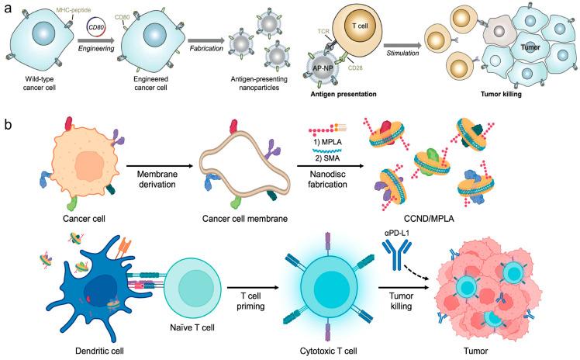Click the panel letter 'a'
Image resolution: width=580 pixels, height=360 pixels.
6,8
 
